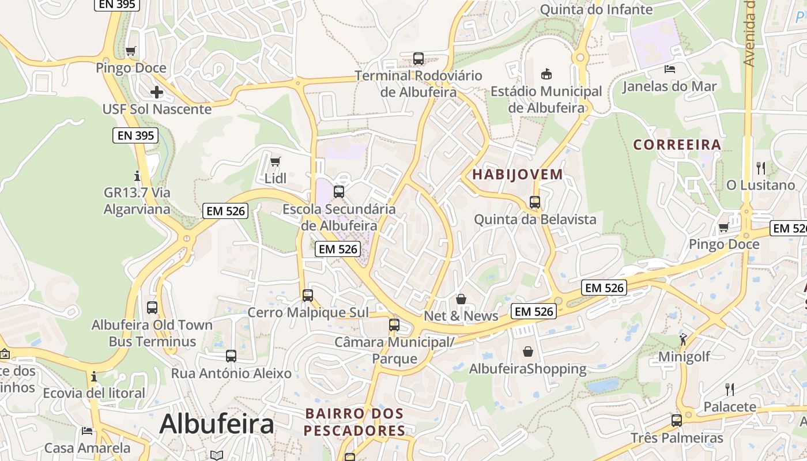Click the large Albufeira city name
tap(217, 424)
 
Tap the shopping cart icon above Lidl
tap(276, 161)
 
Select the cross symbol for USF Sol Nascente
tap(156, 92)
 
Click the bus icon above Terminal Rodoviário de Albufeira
tap(418, 59)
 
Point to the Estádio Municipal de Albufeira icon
tap(546, 74)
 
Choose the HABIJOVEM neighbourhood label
tap(518, 174)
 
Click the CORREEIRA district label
tap(677, 145)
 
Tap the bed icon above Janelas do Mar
tap(670, 70)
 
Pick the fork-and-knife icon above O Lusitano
tap(761, 168)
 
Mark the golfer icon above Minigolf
tap(684, 339)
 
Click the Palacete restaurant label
tap(730, 407)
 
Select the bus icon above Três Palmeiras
tap(677, 420)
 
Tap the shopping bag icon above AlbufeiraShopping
tap(528, 352)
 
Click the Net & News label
tap(461, 316)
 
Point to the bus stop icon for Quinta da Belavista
tap(535, 202)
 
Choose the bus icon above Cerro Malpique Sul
tap(308, 296)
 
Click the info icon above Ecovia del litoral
tap(94, 377)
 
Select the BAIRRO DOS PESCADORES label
tap(355, 422)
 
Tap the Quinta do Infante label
tap(596, 9)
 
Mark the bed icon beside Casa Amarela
tap(87, 431)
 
